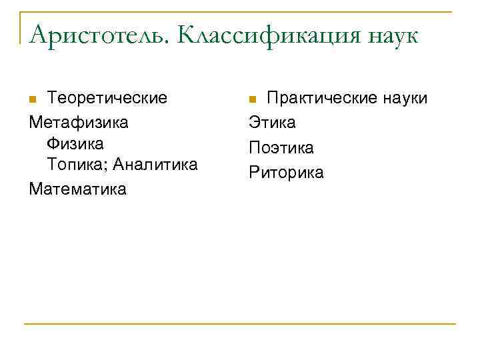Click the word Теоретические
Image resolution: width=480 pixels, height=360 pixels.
tap(107, 98)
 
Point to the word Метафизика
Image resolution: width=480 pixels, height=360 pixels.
tap(79, 122)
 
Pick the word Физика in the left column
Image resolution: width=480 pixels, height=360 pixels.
tap(75, 143)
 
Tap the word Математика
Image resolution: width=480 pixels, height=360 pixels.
tap(77, 189)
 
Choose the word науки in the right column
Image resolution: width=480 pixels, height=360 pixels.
tap(404, 99)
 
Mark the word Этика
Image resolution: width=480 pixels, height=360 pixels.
tap(273, 122)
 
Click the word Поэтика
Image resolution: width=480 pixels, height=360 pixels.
tap(281, 147)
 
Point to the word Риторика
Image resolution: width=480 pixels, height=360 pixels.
tap(286, 172)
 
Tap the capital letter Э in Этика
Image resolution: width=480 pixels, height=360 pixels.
tap(254, 122)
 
